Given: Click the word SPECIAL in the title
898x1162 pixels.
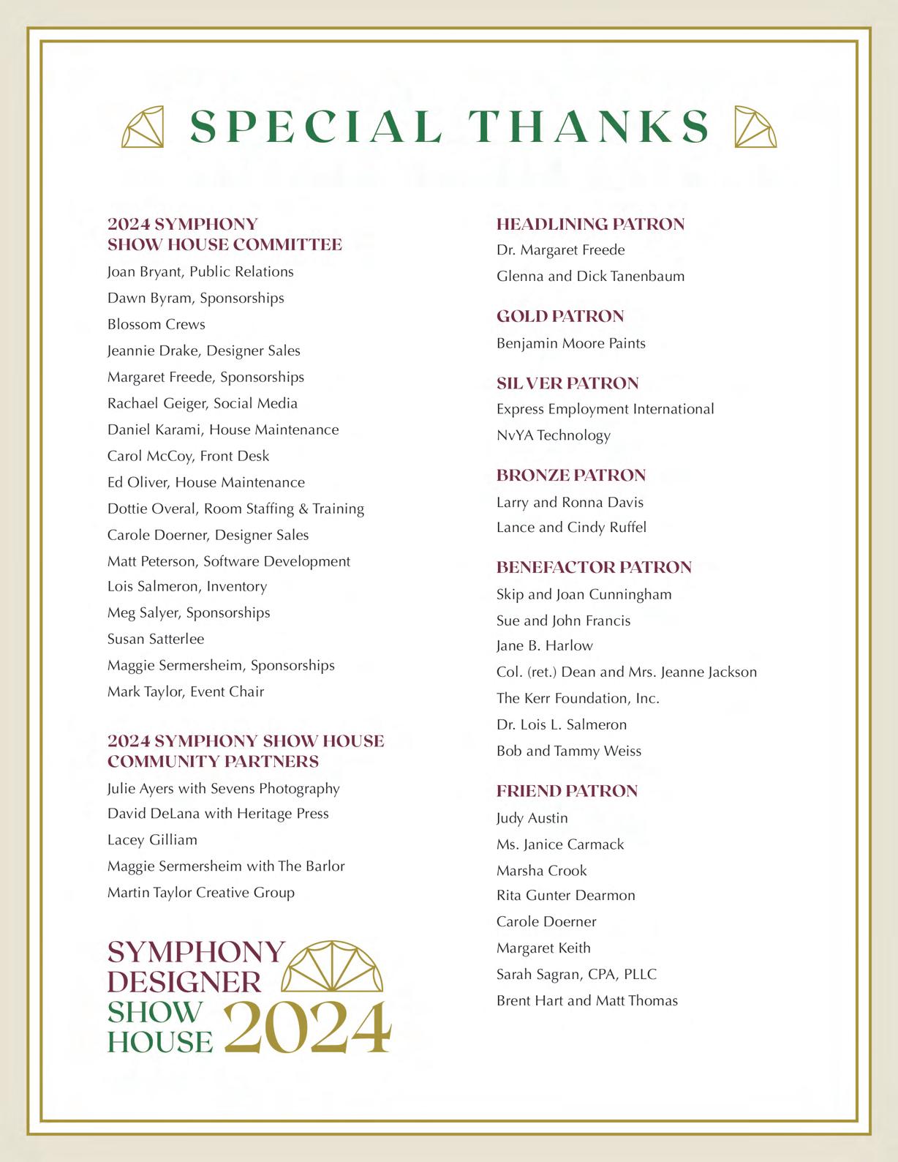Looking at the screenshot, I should click(316, 127).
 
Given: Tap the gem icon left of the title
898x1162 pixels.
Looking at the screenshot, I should click(143, 127).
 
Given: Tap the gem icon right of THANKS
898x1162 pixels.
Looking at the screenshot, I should click(755, 127).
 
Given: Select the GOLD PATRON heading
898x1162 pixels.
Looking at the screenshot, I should click(560, 316).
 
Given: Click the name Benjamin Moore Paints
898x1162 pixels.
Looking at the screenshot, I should click(570, 343).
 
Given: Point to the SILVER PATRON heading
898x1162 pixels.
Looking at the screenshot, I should click(567, 383).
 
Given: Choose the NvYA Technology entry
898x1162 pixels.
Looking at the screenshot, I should click(553, 435).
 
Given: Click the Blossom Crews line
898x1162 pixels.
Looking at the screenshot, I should click(156, 324).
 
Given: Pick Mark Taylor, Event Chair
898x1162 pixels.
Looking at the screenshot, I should click(186, 691).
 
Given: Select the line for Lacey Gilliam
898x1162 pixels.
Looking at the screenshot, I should click(152, 840).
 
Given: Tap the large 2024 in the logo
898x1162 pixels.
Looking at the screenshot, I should click(307, 1027).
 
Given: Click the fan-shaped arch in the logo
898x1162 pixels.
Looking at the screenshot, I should click(332, 967).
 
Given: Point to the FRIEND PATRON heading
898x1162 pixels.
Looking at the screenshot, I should click(567, 791).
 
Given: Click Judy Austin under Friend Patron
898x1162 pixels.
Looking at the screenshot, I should click(532, 818).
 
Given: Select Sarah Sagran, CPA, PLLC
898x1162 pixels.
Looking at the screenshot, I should click(576, 975).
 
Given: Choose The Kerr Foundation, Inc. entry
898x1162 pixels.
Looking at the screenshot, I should click(578, 699).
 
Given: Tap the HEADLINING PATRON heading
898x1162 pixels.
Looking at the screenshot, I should click(590, 224).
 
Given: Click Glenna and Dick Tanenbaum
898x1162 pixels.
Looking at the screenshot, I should click(590, 277).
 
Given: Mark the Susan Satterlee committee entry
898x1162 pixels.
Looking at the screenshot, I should click(156, 639).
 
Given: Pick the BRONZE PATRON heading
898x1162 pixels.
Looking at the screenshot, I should click(570, 476).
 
